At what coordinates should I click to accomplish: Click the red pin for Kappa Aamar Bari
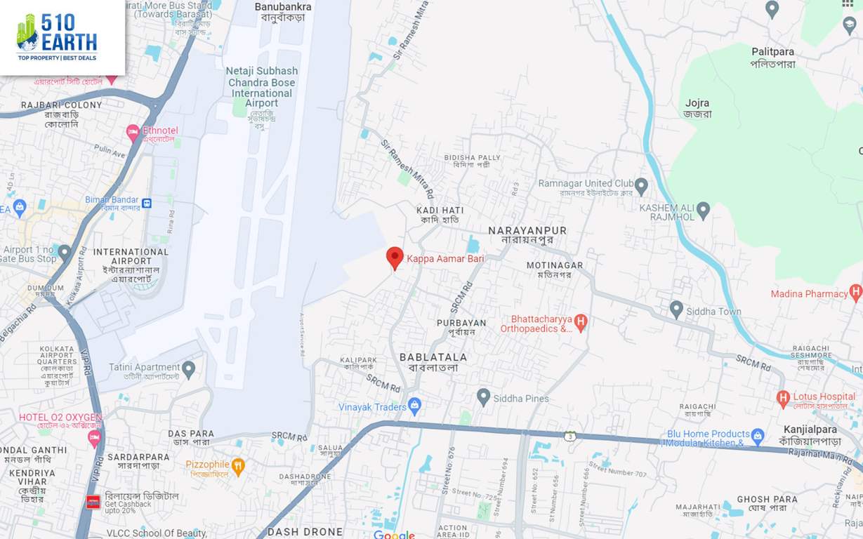395,258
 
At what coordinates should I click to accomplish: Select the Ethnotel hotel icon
133,131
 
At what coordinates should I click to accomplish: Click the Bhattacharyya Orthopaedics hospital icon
581,323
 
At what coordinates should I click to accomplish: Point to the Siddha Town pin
676,309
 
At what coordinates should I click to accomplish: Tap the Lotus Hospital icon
783,399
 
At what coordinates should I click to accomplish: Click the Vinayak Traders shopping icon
415,406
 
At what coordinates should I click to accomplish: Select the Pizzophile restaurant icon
238,466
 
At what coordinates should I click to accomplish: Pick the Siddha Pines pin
483,397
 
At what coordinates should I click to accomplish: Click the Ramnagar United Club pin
640,186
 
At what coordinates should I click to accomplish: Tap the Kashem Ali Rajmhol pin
703,210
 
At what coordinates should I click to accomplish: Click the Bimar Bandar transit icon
146,203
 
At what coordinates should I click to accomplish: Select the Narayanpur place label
527,234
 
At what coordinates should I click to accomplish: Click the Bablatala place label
433,362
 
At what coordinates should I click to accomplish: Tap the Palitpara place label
772,58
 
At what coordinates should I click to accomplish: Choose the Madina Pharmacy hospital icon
855,293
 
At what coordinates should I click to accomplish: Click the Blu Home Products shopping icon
757,437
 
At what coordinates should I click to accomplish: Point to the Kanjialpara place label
810,435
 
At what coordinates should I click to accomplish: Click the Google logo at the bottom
394,533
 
